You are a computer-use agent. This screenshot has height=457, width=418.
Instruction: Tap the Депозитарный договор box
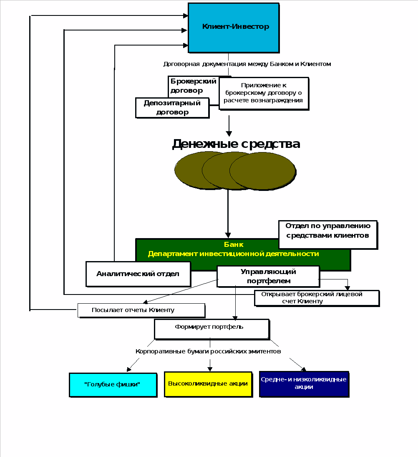click(172, 108)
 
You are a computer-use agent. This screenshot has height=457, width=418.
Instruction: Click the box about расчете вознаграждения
click(263, 93)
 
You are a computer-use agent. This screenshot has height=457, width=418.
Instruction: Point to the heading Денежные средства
click(236, 144)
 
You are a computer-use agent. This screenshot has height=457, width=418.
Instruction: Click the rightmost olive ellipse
click(263, 171)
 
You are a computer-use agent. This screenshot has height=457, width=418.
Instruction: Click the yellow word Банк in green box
click(234, 245)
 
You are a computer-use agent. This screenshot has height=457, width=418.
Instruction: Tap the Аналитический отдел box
click(138, 274)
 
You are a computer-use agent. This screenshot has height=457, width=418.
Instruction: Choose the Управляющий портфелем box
click(268, 276)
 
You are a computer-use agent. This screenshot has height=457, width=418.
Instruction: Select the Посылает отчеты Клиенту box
click(141, 310)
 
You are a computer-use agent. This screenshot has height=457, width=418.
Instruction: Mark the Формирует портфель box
click(212, 329)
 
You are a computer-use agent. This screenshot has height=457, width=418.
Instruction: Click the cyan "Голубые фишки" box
click(113, 385)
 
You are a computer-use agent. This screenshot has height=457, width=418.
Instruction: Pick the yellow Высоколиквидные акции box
click(208, 384)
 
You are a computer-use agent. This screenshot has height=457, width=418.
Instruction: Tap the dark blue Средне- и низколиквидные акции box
click(303, 383)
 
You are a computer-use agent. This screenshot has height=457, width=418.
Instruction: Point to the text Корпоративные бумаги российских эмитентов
click(208, 351)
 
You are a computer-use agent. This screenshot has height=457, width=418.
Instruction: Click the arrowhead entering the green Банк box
click(228, 235)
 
